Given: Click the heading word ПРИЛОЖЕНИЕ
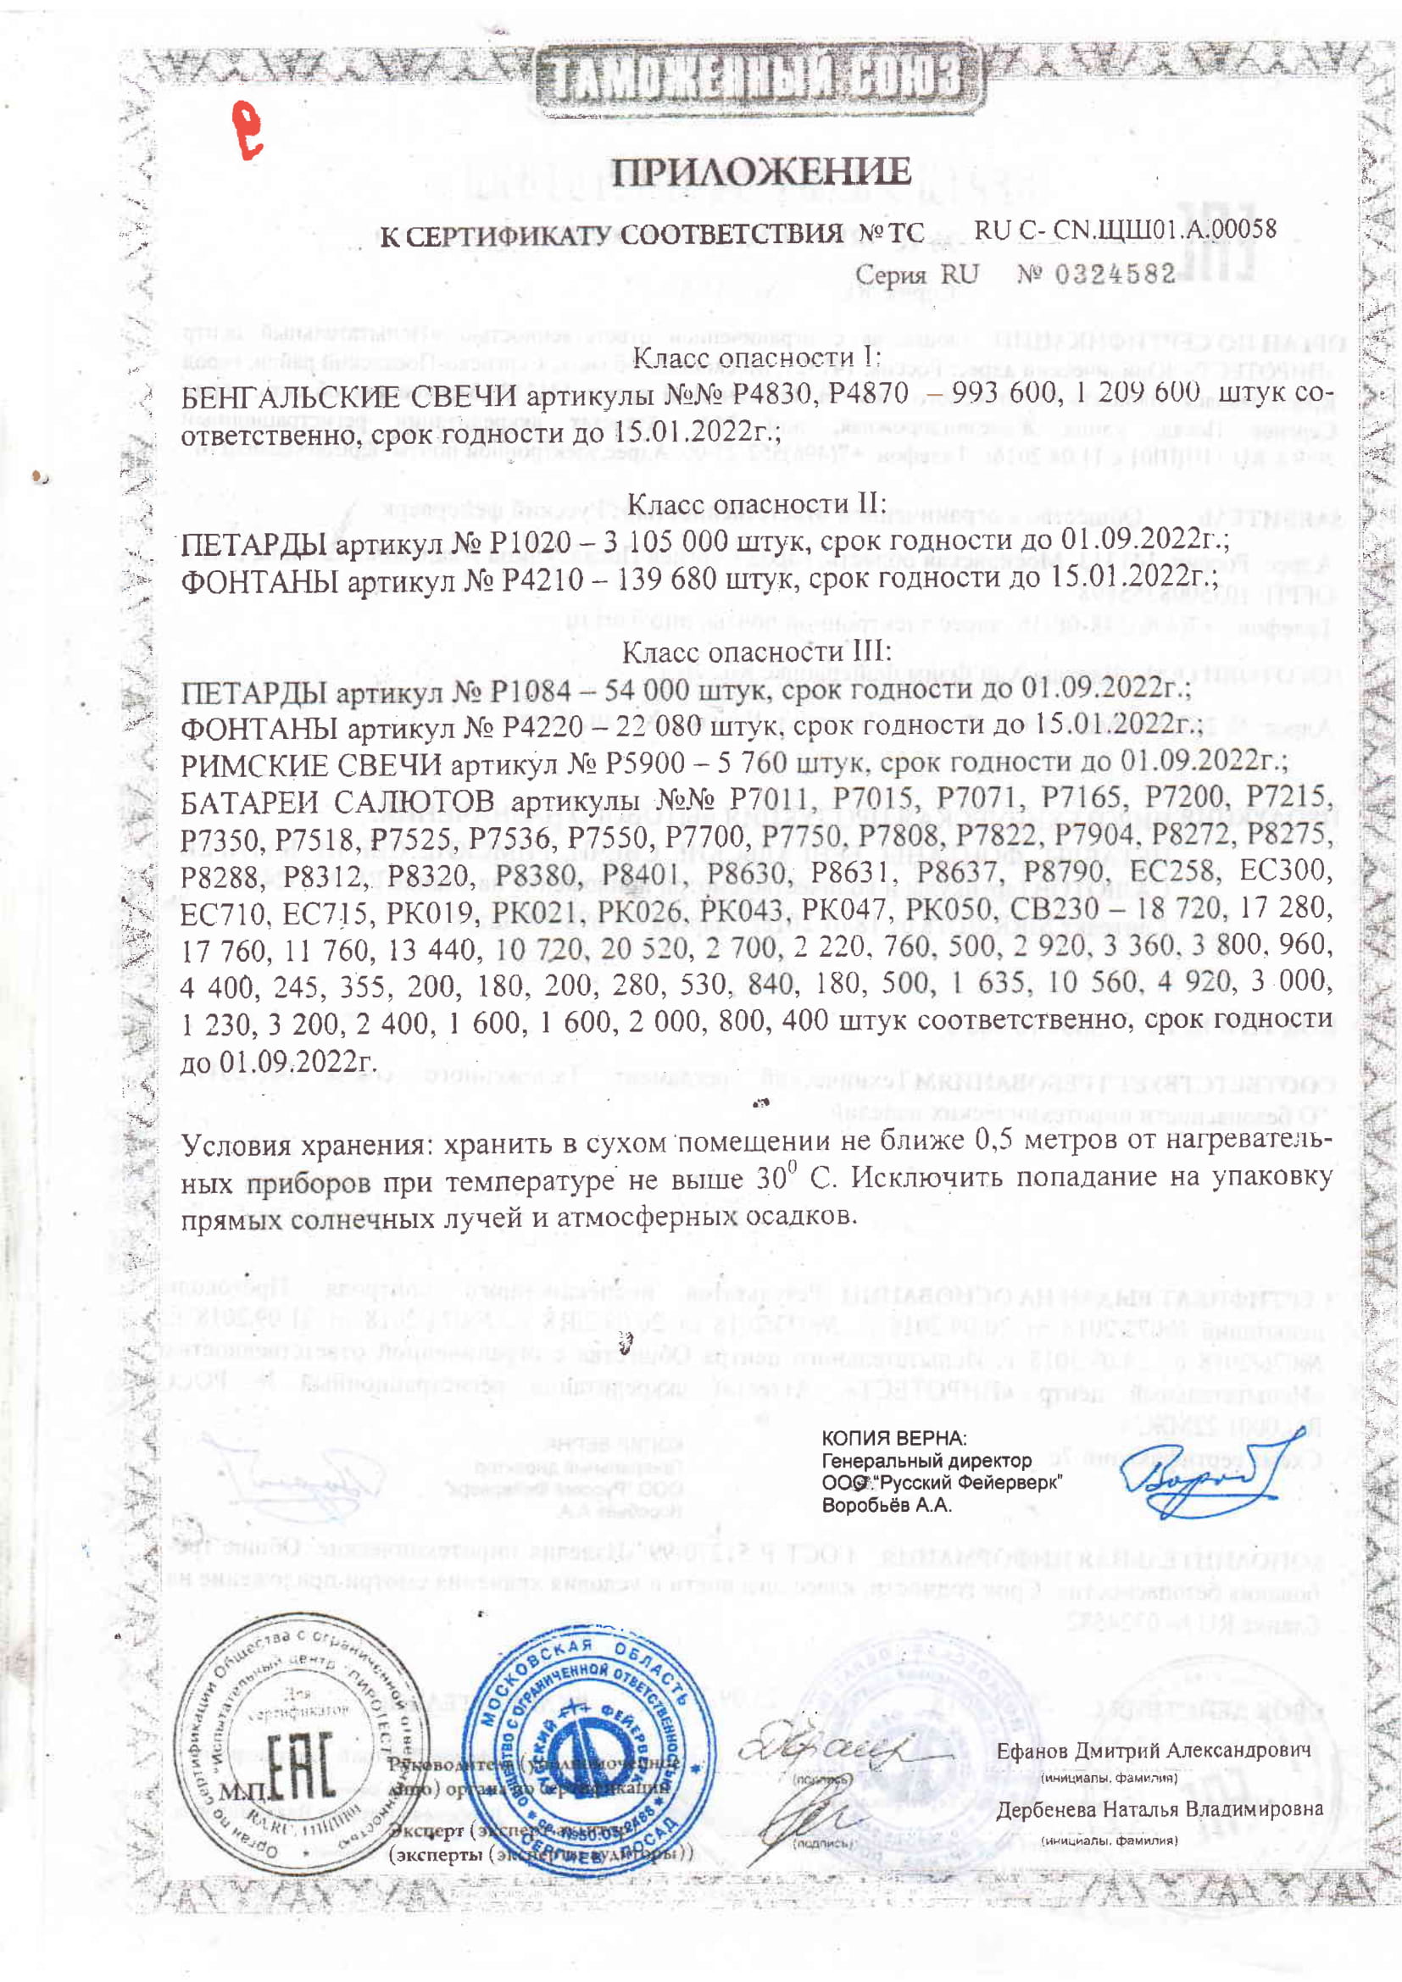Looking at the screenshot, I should point(760,172).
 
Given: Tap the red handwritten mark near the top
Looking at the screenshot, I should point(248,130).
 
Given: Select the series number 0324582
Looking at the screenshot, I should point(1115,275).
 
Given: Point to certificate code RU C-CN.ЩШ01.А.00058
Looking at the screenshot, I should point(1125,230).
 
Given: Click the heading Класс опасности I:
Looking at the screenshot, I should point(756,357).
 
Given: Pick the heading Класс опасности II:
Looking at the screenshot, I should point(756,503).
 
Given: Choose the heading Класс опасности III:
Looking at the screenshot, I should point(756,652).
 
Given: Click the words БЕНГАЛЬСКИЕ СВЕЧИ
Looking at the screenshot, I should point(348,397).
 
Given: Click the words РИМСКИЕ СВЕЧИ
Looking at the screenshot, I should point(311,765).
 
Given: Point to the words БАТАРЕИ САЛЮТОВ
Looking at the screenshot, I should point(337,802).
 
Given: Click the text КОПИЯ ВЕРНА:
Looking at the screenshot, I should point(893,1438).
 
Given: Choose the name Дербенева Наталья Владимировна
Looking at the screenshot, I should point(1160,1809).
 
